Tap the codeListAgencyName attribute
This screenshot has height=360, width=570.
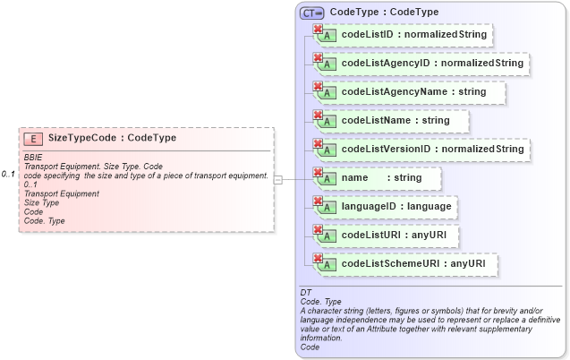click(x=413, y=91)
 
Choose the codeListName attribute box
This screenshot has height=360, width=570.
click(x=396, y=119)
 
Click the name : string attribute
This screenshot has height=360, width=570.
click(x=380, y=177)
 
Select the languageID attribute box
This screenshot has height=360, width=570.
click(x=396, y=206)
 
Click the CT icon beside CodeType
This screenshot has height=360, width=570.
click(x=311, y=13)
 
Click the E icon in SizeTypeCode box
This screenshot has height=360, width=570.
click(x=32, y=138)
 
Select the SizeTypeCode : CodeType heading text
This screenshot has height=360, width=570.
click(x=112, y=138)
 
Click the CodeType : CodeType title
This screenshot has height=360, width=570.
click(x=384, y=13)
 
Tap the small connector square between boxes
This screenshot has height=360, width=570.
click(x=278, y=179)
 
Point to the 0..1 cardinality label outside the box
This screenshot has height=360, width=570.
click(x=8, y=174)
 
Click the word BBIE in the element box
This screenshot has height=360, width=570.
click(x=33, y=157)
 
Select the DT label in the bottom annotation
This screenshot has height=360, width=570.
click(x=305, y=293)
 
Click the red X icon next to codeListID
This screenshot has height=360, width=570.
click(x=317, y=30)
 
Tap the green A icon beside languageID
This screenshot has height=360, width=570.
click(x=328, y=209)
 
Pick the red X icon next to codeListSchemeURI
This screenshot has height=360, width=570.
click(x=317, y=258)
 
